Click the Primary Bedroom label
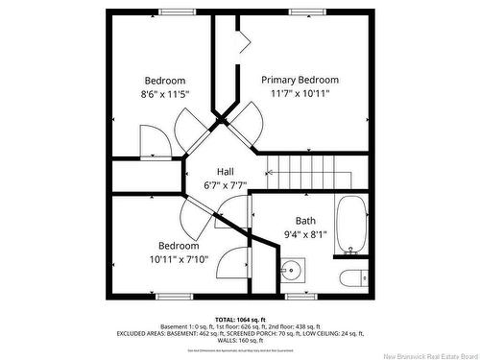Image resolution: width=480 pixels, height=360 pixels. pyautogui.click(x=300, y=80)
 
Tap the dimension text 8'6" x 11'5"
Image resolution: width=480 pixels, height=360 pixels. pyautogui.click(x=165, y=94)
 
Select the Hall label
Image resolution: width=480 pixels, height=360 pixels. pyautogui.click(x=225, y=171)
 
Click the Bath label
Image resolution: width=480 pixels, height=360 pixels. pyautogui.click(x=305, y=220)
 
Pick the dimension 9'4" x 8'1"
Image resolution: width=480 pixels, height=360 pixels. pyautogui.click(x=305, y=233)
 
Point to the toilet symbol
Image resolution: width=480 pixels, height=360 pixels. pyautogui.click(x=352, y=277)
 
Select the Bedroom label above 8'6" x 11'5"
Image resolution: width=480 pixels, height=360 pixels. pyautogui.click(x=165, y=80)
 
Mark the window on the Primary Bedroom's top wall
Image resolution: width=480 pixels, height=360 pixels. pyautogui.click(x=304, y=12)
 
